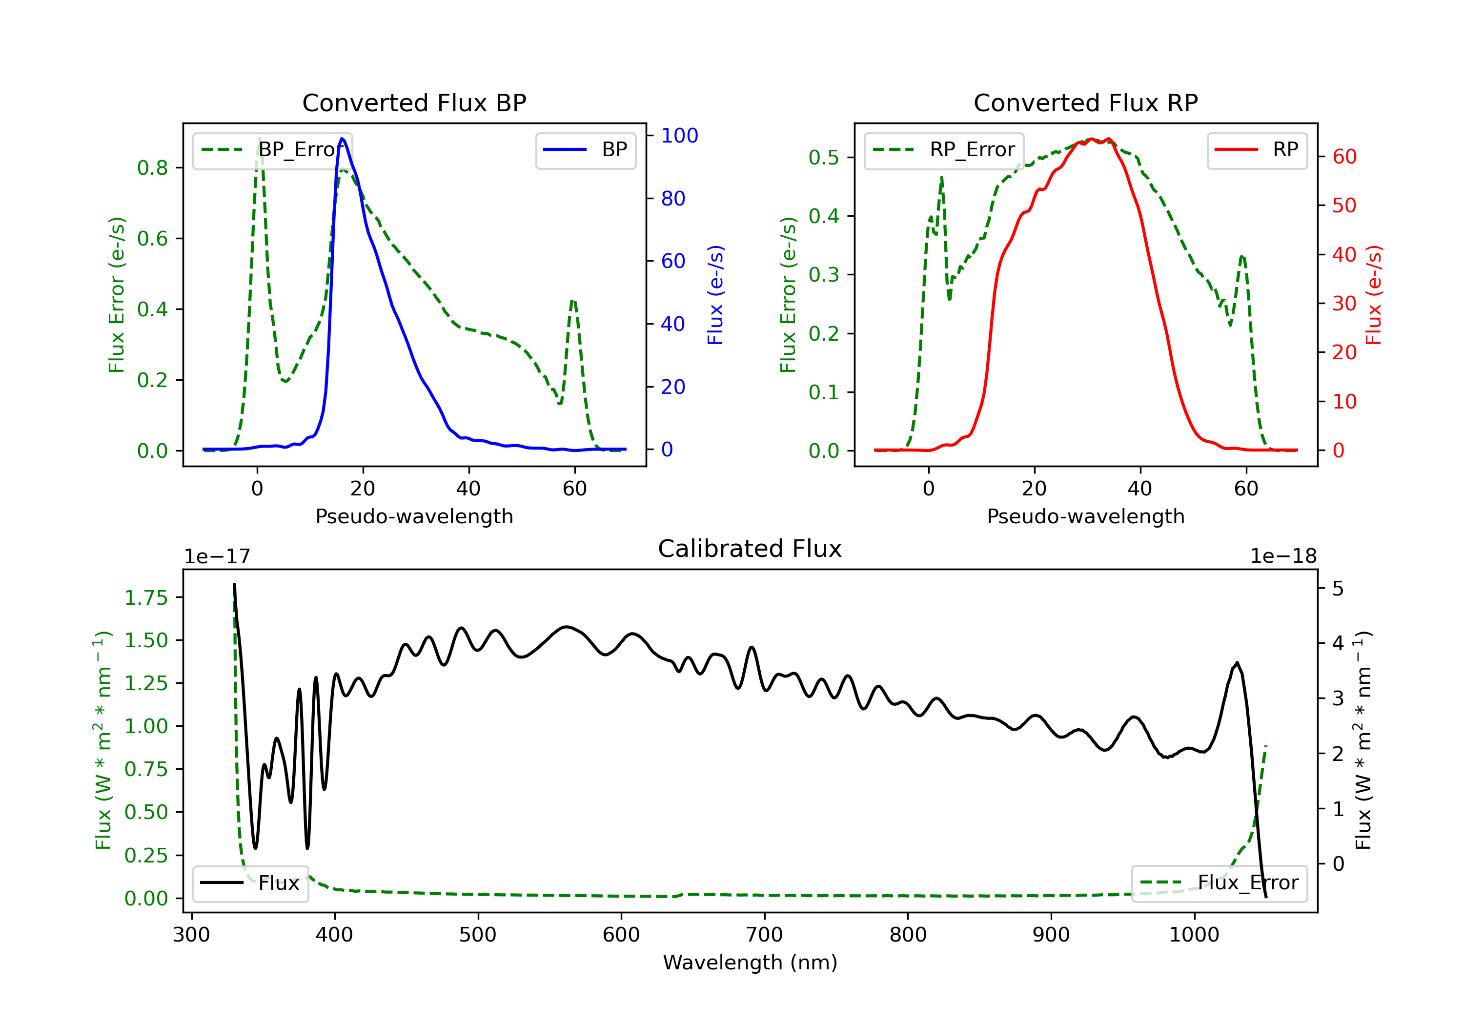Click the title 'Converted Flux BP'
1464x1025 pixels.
414,102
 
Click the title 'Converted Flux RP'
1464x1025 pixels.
1085,102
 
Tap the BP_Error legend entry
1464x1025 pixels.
272,150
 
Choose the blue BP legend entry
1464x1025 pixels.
585,150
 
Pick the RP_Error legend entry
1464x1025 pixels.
944,150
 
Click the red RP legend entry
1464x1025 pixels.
1256,150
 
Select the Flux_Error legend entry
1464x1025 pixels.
1219,883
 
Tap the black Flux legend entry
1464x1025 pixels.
250,883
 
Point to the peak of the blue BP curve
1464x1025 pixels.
343,139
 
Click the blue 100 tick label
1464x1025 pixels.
680,135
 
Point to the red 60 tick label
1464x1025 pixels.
1344,157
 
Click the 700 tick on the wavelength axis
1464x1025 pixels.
764,935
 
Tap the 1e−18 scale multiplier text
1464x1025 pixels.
1283,556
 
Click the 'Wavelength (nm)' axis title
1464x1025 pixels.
750,963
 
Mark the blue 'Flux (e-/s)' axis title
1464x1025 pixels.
715,295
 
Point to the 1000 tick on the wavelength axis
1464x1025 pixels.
1194,935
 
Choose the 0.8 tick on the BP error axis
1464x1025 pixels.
152,168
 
